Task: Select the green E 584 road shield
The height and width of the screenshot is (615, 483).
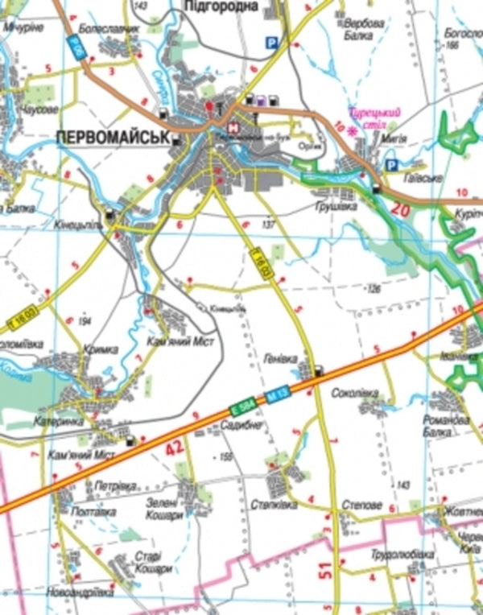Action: [240, 407]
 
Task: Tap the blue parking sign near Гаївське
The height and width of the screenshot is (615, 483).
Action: [391, 165]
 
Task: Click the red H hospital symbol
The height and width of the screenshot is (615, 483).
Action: [233, 127]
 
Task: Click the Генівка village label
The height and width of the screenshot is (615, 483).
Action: [280, 357]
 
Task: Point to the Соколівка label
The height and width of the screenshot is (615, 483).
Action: [355, 393]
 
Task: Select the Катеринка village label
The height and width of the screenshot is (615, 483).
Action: [58, 420]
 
